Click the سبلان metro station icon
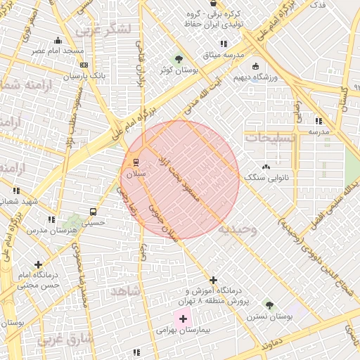point(136,162)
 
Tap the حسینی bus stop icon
point(93,212)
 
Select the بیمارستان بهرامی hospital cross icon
point(184,319)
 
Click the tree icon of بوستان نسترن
point(269,304)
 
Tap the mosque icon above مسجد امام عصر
point(58,41)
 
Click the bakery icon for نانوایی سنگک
point(266,167)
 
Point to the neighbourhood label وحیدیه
point(238,230)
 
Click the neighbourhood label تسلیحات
point(271,138)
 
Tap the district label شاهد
point(125,290)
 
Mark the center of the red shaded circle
point(181,179)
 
